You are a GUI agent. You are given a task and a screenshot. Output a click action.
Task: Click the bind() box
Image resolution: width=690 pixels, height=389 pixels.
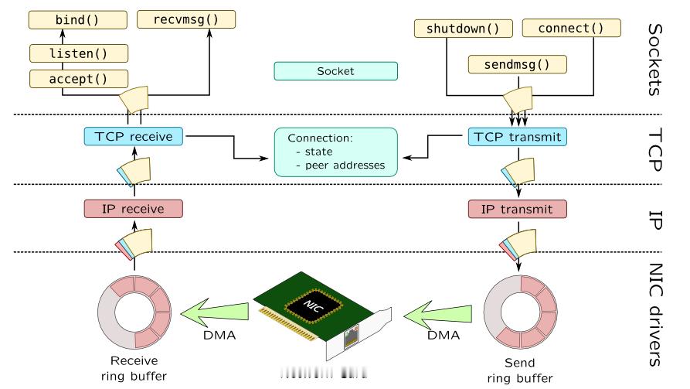[x=78, y=20]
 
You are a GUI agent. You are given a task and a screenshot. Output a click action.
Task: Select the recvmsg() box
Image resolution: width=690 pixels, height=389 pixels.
[x=186, y=19]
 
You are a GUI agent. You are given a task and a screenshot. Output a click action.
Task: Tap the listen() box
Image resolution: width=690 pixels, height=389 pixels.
[x=79, y=53]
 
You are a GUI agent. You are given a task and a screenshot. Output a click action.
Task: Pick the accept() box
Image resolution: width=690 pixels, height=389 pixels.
[x=79, y=79]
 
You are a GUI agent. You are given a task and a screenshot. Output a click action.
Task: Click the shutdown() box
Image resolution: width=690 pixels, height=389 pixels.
[x=464, y=29]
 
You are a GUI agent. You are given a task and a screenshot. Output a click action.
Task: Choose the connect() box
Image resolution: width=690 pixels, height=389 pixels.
[x=572, y=28]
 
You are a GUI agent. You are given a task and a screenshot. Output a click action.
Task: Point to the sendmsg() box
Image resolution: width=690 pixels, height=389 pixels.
[x=518, y=64]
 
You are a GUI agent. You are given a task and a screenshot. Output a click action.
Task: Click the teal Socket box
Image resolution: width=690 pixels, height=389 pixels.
[x=336, y=71]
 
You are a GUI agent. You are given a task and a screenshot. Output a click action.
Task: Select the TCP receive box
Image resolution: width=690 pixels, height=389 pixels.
[x=134, y=137]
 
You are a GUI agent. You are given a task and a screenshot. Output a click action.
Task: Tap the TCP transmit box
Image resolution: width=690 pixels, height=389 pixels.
[x=518, y=137]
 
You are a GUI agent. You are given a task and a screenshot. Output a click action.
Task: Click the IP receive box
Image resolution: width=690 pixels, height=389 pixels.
[x=134, y=209]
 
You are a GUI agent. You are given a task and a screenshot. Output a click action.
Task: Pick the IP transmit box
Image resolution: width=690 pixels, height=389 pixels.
[x=518, y=210]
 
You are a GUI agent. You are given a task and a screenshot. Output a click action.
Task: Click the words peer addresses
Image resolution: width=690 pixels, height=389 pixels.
[x=345, y=165]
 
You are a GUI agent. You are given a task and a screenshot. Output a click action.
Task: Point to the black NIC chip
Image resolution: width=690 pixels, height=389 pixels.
[x=314, y=305]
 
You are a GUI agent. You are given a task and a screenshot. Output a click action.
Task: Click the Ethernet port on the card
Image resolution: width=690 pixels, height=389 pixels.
[x=351, y=336]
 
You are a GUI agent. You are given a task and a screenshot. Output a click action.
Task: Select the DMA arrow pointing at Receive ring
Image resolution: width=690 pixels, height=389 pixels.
[x=215, y=312]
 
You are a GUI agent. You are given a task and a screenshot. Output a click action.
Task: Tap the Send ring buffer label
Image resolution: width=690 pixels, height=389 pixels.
[x=520, y=370]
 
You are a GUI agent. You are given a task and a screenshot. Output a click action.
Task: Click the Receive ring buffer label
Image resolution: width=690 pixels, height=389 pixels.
[x=134, y=368]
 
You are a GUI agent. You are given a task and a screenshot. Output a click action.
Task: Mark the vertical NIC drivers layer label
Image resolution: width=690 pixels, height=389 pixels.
[x=656, y=315]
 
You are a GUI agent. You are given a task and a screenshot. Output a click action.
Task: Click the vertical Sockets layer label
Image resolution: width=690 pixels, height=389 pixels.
[x=655, y=60]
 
